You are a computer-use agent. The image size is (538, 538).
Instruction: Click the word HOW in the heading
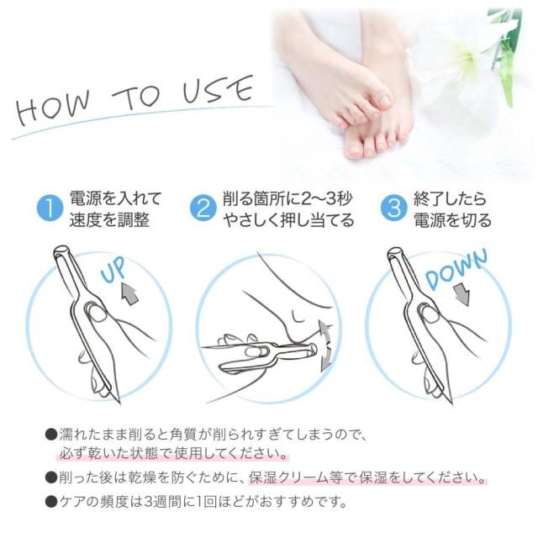tap(53, 109)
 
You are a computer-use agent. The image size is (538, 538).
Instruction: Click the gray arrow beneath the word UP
tap(130, 293)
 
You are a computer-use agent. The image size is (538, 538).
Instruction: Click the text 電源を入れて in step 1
tap(116, 199)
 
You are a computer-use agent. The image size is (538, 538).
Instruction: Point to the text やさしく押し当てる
tap(287, 221)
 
